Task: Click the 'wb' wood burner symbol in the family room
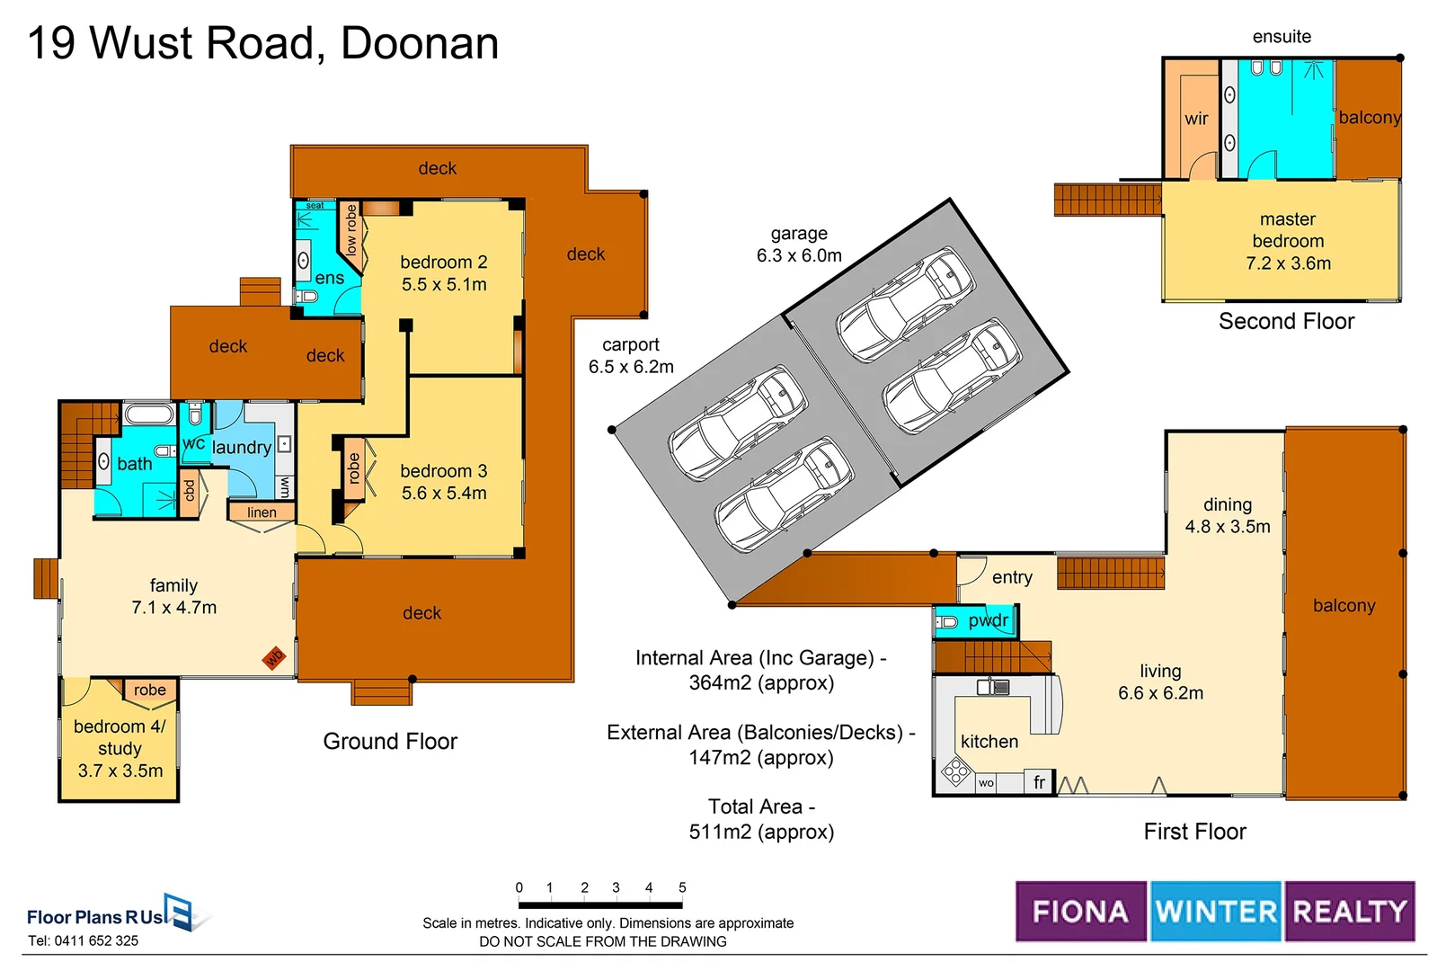(x=274, y=658)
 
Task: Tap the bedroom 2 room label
(x=444, y=263)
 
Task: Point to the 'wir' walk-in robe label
(x=1196, y=119)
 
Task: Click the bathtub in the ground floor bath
(x=149, y=414)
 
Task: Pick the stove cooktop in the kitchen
(x=956, y=771)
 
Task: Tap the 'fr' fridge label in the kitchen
(x=1039, y=782)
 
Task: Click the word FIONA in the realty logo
(x=1080, y=912)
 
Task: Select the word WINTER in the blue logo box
(x=1216, y=912)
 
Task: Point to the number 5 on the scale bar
(x=682, y=887)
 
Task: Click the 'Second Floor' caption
(x=1286, y=322)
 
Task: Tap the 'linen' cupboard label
(x=262, y=512)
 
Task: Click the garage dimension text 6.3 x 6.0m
(x=799, y=255)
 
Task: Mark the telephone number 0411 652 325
(x=96, y=940)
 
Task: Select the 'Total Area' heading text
(x=762, y=807)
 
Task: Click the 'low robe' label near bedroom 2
(x=350, y=230)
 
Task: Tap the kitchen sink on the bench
(x=993, y=687)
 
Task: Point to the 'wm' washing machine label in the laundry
(x=285, y=486)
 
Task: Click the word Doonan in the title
(x=420, y=44)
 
